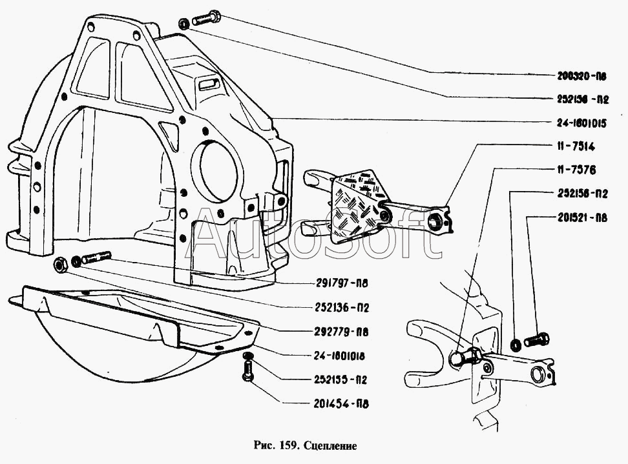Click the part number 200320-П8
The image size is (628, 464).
tap(582, 76)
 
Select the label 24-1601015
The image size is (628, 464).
tap(582, 122)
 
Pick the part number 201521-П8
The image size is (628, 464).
tap(582, 217)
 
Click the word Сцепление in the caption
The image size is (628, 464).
tap(330, 445)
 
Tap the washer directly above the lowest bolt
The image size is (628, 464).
tap(247, 356)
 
